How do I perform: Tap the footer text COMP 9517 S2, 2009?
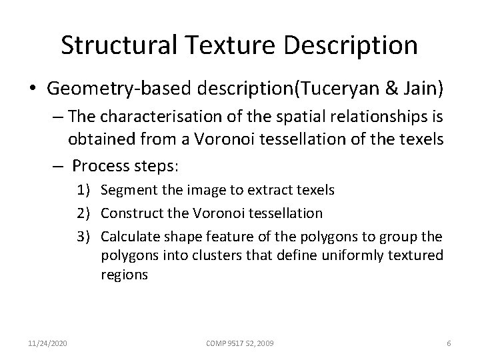[x=239, y=343]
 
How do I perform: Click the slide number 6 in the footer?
[x=449, y=343]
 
